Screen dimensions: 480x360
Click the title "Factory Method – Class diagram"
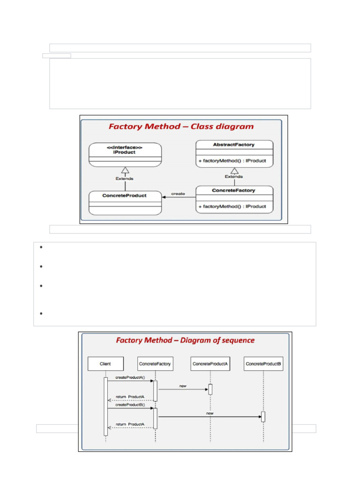point(181,127)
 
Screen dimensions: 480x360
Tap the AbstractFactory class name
point(234,145)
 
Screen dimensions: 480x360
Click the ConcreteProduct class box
point(125,202)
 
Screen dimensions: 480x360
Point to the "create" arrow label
point(178,193)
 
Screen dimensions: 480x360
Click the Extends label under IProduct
point(124,178)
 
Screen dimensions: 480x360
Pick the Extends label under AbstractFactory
point(234,177)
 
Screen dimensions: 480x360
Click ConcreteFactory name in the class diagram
point(234,190)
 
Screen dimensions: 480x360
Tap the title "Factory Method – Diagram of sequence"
point(185,340)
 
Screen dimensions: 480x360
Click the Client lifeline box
point(105,363)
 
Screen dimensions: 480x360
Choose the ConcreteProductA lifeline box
point(210,363)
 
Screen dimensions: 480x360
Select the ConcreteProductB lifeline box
point(264,363)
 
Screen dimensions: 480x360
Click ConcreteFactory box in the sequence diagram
point(155,363)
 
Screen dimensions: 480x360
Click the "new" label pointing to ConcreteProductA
point(183,386)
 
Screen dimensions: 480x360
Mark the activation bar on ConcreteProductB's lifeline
point(263,416)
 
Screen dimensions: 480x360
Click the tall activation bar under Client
point(106,406)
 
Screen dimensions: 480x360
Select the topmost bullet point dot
point(41,247)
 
